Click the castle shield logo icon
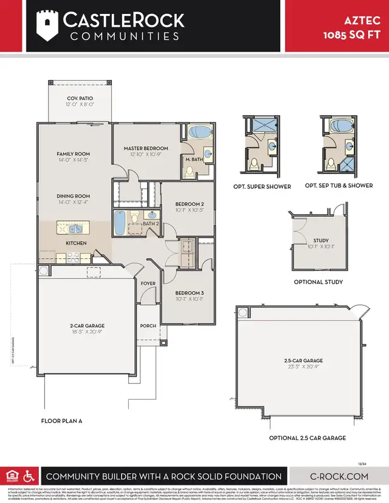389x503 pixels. coord(46,25)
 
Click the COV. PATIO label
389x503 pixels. coord(80,100)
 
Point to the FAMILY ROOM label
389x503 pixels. coord(73,154)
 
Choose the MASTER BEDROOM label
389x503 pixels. coord(146,148)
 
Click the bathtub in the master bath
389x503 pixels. coord(199,133)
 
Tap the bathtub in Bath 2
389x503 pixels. coord(120,223)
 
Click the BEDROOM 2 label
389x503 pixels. coord(190,204)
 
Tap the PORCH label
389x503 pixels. coord(148,326)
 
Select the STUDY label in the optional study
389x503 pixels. coord(320,241)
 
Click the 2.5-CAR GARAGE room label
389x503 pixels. coord(298,360)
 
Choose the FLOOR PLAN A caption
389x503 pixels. coord(61,420)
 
